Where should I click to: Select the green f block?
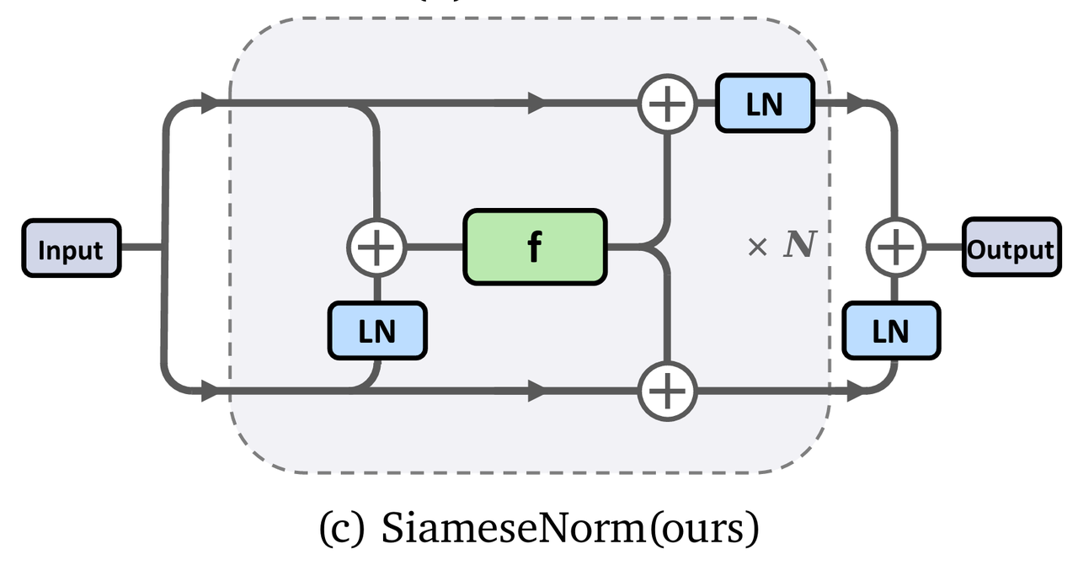click(x=535, y=247)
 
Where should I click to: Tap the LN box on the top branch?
click(x=765, y=103)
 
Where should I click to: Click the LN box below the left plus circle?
click(x=376, y=331)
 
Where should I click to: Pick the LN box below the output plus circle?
click(x=891, y=331)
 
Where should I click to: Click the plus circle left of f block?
click(x=376, y=248)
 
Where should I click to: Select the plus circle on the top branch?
click(x=668, y=104)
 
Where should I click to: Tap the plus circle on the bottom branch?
click(x=668, y=392)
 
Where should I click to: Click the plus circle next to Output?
click(x=895, y=248)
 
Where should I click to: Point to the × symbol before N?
click(x=758, y=247)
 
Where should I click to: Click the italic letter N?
click(x=799, y=246)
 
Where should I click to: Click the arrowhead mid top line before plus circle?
click(x=536, y=104)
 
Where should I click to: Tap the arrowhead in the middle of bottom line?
click(x=536, y=392)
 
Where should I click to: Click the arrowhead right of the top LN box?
click(x=855, y=104)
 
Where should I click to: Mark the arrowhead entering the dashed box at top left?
click(x=208, y=104)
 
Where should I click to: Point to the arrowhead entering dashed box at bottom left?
click(x=208, y=392)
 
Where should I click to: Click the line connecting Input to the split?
click(x=141, y=248)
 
